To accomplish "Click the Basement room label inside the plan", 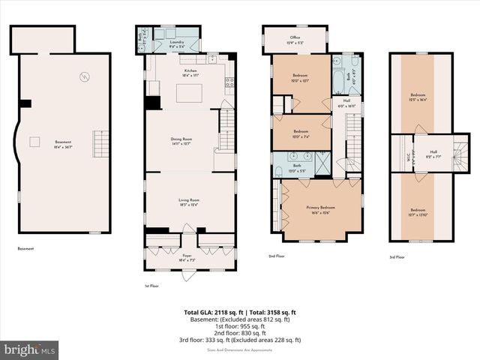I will [x=63, y=145].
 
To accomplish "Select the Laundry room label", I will [x=177, y=44].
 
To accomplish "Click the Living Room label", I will [x=189, y=202].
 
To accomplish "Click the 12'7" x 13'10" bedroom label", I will [x=417, y=212].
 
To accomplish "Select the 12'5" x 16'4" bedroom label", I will [x=417, y=97].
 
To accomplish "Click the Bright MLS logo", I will [x=30, y=349].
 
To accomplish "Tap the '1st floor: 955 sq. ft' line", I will [x=240, y=325].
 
